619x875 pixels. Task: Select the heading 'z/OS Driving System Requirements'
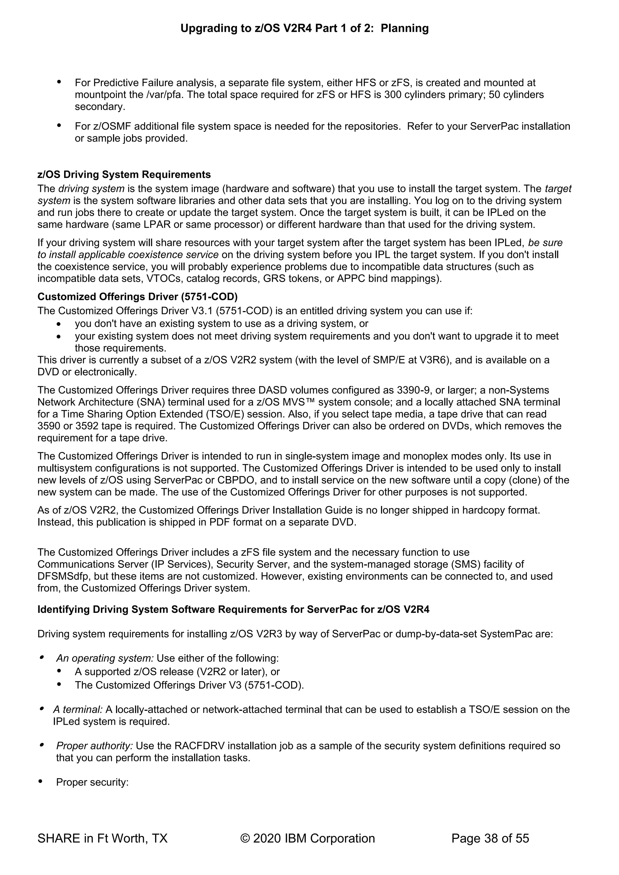124,174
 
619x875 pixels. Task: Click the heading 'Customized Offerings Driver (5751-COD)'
137,297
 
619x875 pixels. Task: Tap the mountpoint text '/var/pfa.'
165,95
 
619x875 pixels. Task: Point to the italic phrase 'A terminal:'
78,710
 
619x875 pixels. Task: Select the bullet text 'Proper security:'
92,783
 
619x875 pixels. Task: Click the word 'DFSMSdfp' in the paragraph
61,576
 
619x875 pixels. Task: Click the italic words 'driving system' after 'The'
92,189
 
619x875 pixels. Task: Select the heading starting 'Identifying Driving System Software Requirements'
233,610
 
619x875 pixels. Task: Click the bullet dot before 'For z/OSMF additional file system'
59,125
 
